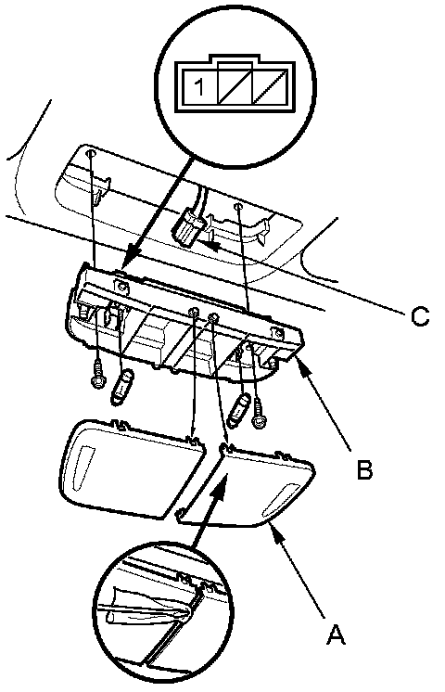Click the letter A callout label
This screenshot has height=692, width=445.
pos(336,634)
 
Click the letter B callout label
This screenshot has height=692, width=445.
pos(364,469)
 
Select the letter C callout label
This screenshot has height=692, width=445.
pos(419,316)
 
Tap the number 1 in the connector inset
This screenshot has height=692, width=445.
pos(199,87)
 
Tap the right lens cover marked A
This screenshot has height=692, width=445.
pos(247,485)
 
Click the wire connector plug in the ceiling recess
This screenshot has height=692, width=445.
pos(187,226)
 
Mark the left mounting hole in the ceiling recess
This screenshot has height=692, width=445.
pos(91,154)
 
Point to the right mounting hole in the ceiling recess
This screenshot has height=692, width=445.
pos(237,207)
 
